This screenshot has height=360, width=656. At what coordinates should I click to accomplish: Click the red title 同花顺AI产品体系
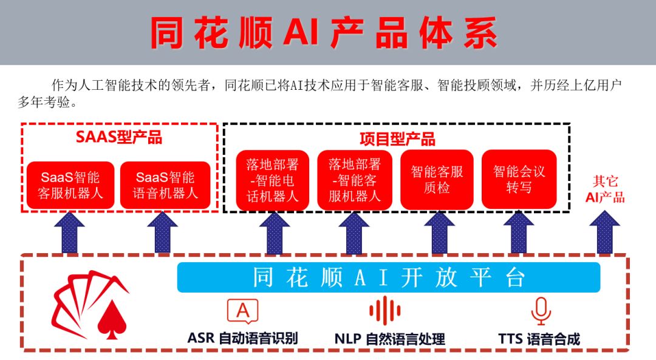(324, 33)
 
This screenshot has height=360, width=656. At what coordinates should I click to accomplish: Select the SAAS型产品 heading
(119, 137)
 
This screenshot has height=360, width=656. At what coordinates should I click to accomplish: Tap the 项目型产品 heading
(397, 139)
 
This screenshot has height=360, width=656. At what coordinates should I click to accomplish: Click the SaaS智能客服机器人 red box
(70, 185)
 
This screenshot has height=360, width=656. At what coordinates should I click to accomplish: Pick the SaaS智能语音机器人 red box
(165, 185)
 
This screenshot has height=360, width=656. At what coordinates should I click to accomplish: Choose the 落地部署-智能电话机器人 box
(272, 180)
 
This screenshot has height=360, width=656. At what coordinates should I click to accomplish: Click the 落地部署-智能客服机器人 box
(355, 180)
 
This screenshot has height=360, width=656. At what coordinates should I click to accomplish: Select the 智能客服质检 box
(437, 179)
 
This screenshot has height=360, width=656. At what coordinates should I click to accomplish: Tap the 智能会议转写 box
(519, 179)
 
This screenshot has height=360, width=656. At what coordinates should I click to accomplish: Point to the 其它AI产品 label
(605, 189)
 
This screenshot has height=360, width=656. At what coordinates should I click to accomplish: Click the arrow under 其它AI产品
(604, 233)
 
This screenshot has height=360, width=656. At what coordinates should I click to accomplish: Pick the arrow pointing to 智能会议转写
(519, 233)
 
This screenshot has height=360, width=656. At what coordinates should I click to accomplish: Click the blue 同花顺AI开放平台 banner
(389, 277)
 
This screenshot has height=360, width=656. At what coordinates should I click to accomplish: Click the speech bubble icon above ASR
(242, 311)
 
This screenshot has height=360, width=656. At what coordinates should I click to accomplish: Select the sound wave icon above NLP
(385, 311)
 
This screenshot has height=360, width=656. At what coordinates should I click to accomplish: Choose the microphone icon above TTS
(541, 311)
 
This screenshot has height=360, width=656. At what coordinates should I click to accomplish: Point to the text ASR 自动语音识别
(242, 338)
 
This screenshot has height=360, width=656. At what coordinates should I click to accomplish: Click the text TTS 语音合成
(539, 339)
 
